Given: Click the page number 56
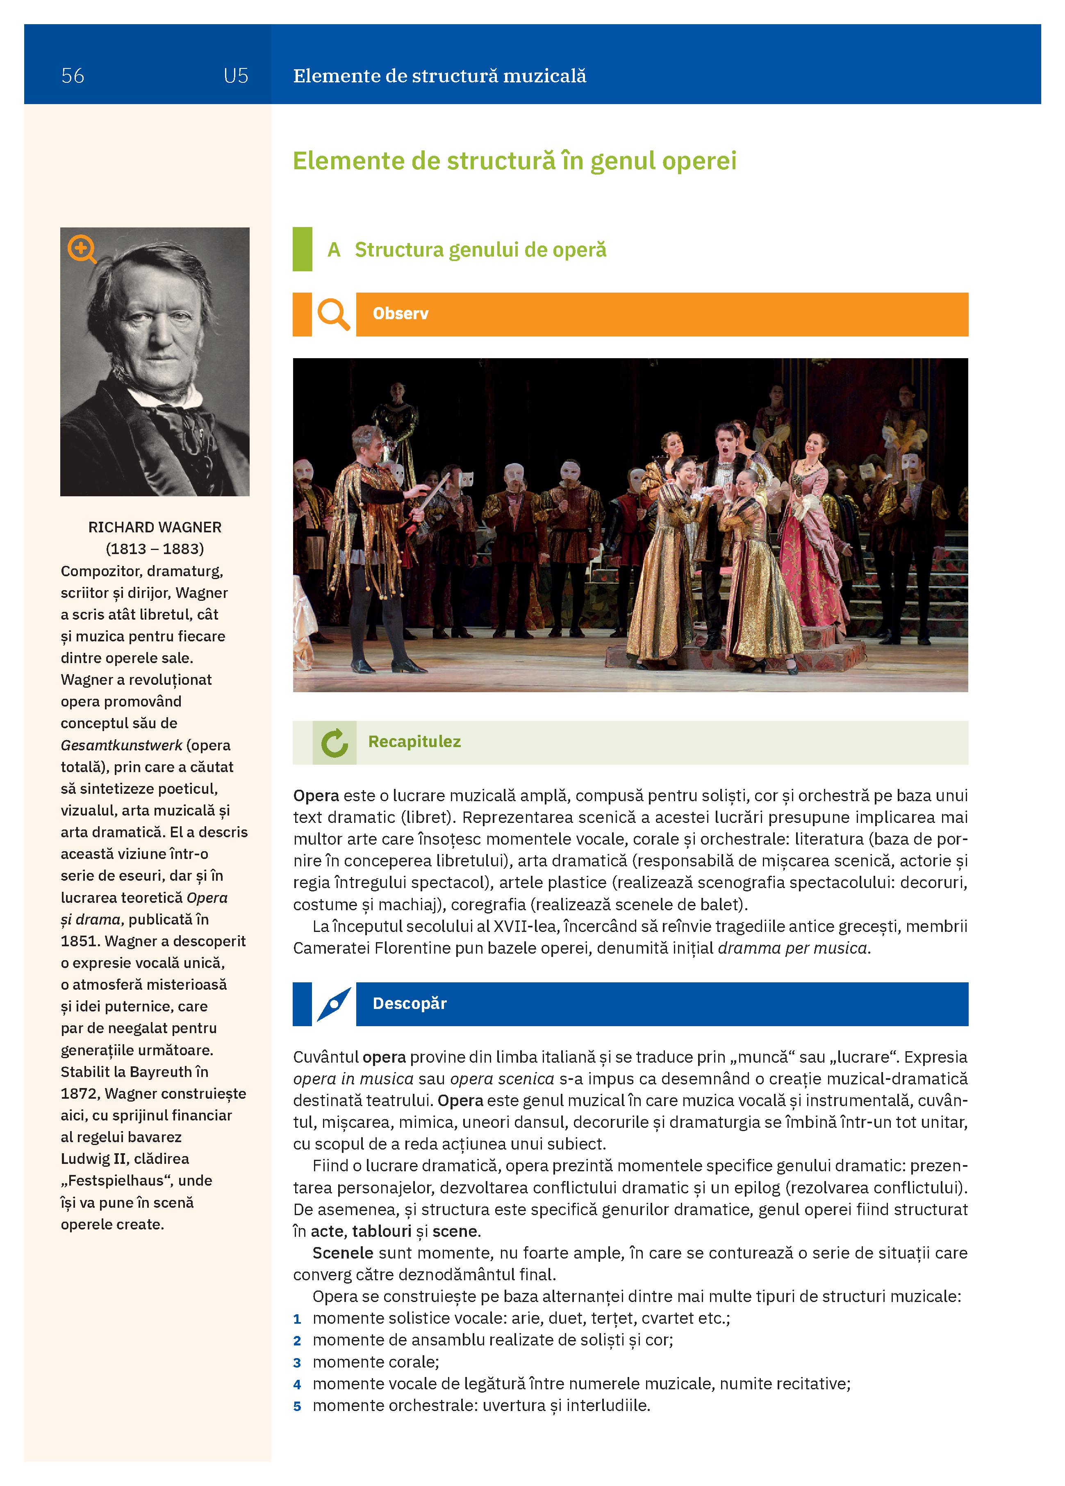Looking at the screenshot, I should point(73,76).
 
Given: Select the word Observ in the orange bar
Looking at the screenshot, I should point(401,314).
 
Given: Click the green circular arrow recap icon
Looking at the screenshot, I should point(334,743).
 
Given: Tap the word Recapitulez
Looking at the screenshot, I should point(414,742).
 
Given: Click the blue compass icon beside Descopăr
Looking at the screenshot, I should point(334,1004).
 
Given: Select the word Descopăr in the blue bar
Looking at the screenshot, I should point(410,1004).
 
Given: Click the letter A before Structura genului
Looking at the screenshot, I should point(334,250).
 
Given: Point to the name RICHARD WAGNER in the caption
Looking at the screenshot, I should point(155,527).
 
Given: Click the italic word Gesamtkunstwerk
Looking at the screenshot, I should point(121,745).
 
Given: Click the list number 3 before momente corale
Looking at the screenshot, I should point(297,1363).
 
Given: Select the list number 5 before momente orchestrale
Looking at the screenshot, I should point(297,1406).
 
